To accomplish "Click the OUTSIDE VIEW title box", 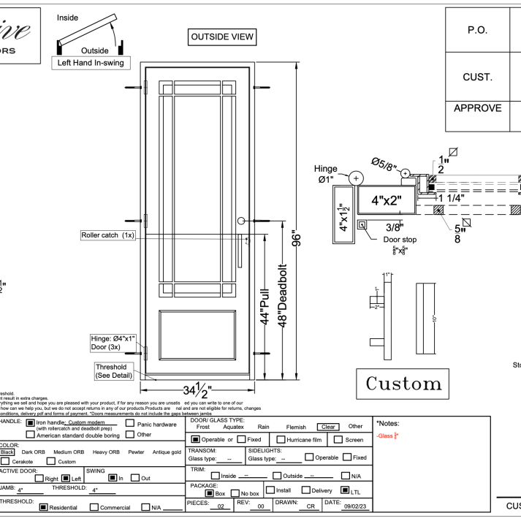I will [x=223, y=37].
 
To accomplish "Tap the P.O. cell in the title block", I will [x=476, y=31].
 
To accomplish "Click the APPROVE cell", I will [x=477, y=108].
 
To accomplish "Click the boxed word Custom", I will [x=404, y=383].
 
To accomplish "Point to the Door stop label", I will [x=400, y=238].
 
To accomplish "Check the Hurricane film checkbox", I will [x=281, y=440].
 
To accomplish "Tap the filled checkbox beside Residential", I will [x=43, y=506].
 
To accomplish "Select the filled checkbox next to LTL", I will [x=345, y=490].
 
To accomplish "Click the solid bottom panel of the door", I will [x=199, y=338].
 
